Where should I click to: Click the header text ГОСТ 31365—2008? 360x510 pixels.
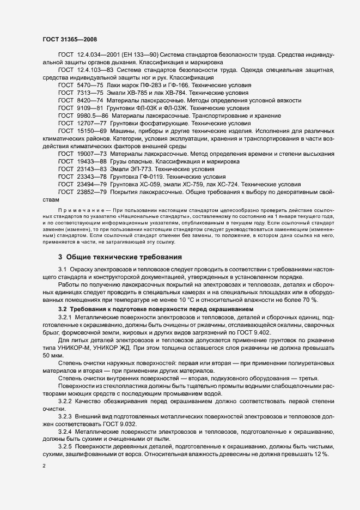(x=69, y=39)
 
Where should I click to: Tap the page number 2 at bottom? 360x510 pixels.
(x=45, y=466)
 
